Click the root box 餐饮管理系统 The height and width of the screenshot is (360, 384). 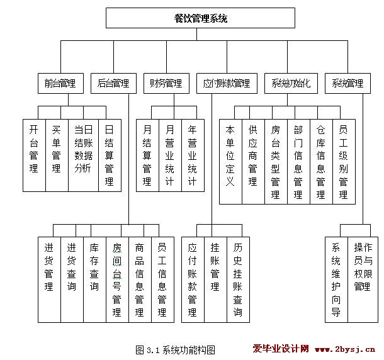[x=200, y=18]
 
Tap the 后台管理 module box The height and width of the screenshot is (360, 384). [x=113, y=83]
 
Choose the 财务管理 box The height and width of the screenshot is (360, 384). [x=166, y=83]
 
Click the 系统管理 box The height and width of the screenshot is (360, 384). [x=347, y=83]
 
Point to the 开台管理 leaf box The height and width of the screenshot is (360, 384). [x=34, y=155]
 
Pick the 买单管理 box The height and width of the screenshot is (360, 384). [x=57, y=155]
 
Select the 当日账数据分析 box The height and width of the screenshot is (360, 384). [x=83, y=155]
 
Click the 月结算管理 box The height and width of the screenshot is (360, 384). [x=147, y=155]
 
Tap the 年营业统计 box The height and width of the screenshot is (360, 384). [x=193, y=155]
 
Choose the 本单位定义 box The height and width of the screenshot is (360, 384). [x=230, y=161]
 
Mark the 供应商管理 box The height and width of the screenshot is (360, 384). [x=253, y=161]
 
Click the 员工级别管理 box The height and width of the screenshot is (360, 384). [x=343, y=161]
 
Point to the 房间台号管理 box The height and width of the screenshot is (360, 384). [x=117, y=279]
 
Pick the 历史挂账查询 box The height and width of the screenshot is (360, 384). [x=237, y=279]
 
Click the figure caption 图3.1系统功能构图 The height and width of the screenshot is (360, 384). [x=176, y=349]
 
